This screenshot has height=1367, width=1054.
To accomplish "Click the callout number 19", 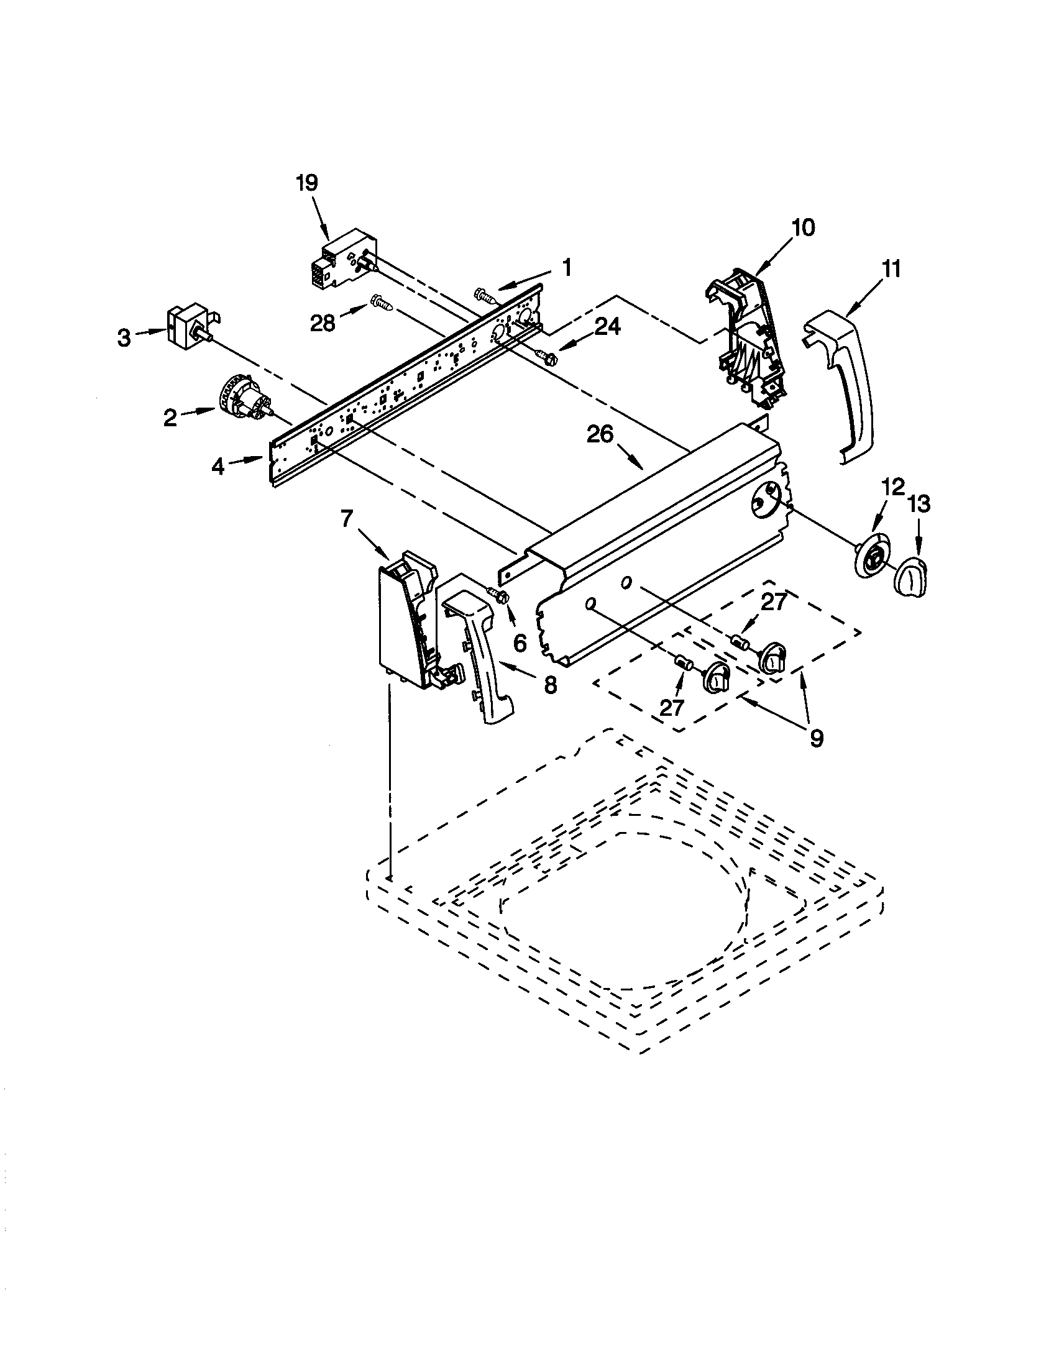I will pos(306,183).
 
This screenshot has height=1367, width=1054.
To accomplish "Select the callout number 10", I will pos(803,228).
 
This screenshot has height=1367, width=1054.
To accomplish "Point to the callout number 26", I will pos(599,434).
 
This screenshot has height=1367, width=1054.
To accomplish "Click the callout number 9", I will pos(816,739).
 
